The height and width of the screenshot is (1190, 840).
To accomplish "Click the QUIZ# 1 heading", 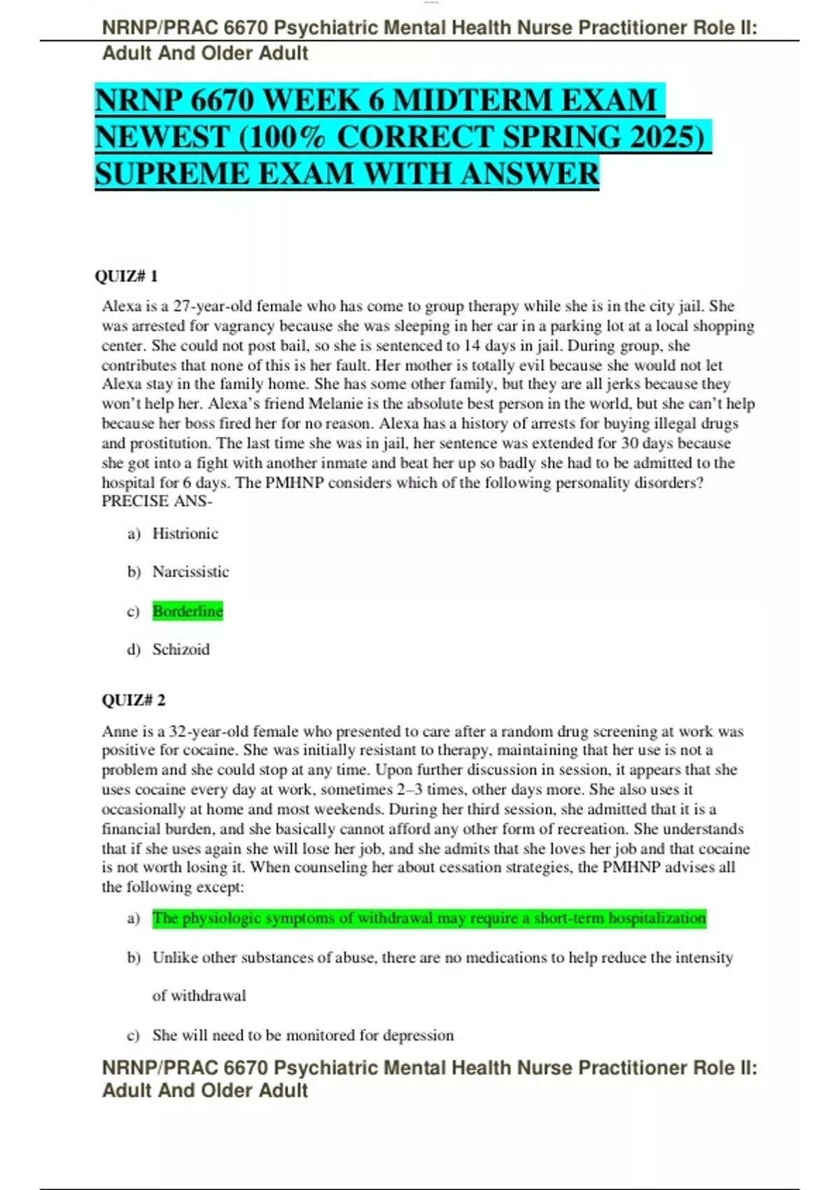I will coord(126,276).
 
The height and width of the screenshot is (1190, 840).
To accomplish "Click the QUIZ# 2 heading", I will coord(134,700).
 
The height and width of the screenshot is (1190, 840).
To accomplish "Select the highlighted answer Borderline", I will coord(188,611).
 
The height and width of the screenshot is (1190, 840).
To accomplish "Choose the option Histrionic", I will coord(185,533).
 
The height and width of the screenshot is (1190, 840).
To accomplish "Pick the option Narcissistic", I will coord(190,572).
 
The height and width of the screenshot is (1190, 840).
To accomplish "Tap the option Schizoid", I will coord(181,650).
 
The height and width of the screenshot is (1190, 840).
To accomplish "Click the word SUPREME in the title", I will coord(171,174).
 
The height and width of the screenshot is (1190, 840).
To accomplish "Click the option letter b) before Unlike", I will coord(134,958).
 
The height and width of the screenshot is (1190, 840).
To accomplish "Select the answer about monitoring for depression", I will coord(302,1035).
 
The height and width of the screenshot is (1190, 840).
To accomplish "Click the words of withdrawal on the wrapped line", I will coord(199,996).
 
